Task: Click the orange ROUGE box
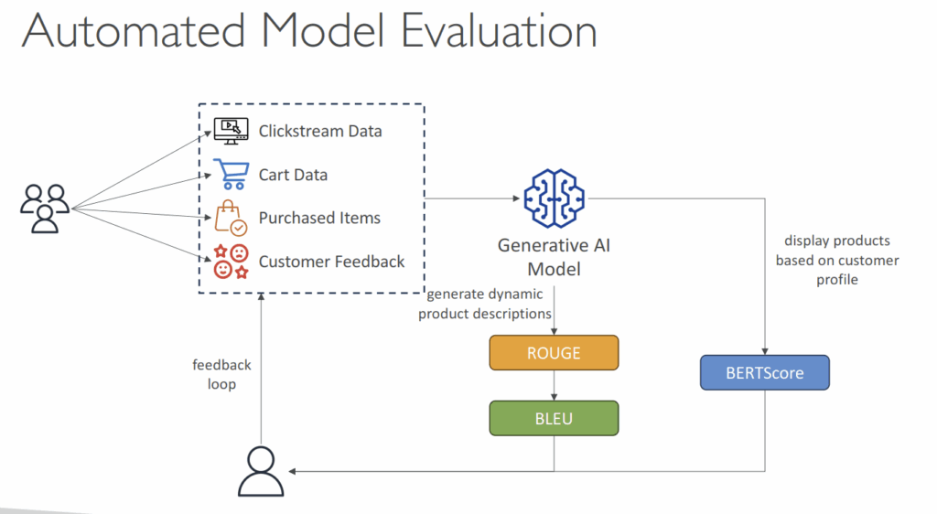pyautogui.click(x=554, y=352)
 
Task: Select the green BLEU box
pyautogui.click(x=554, y=417)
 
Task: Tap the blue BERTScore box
pyautogui.click(x=764, y=373)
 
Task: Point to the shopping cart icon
pyautogui.click(x=230, y=173)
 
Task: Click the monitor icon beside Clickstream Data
pyautogui.click(x=231, y=131)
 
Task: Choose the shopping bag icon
pyautogui.click(x=230, y=218)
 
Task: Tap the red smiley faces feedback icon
pyautogui.click(x=231, y=262)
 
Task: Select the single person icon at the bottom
pyautogui.click(x=262, y=471)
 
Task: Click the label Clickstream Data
pyautogui.click(x=320, y=131)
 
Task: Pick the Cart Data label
pyautogui.click(x=293, y=175)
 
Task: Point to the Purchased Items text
pyautogui.click(x=319, y=218)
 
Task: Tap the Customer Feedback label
pyautogui.click(x=331, y=262)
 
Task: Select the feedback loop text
pyautogui.click(x=221, y=374)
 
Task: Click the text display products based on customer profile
pyautogui.click(x=836, y=260)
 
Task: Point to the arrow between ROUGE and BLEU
pyautogui.click(x=554, y=385)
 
